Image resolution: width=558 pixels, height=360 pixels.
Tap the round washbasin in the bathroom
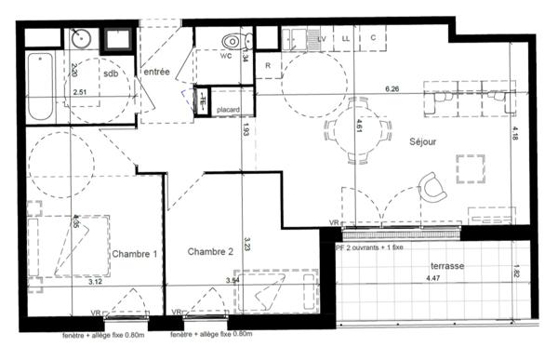pos(79,40)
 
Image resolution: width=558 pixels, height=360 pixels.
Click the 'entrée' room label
pos(155,73)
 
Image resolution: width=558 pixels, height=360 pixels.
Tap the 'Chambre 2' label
pos(210,252)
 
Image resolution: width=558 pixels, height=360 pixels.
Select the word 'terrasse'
pos(449,265)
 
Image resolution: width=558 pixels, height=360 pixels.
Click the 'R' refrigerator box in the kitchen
pos(267,66)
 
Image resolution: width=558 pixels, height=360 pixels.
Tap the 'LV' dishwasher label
pos(322,38)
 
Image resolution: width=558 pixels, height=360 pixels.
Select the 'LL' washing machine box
pos(346,38)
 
